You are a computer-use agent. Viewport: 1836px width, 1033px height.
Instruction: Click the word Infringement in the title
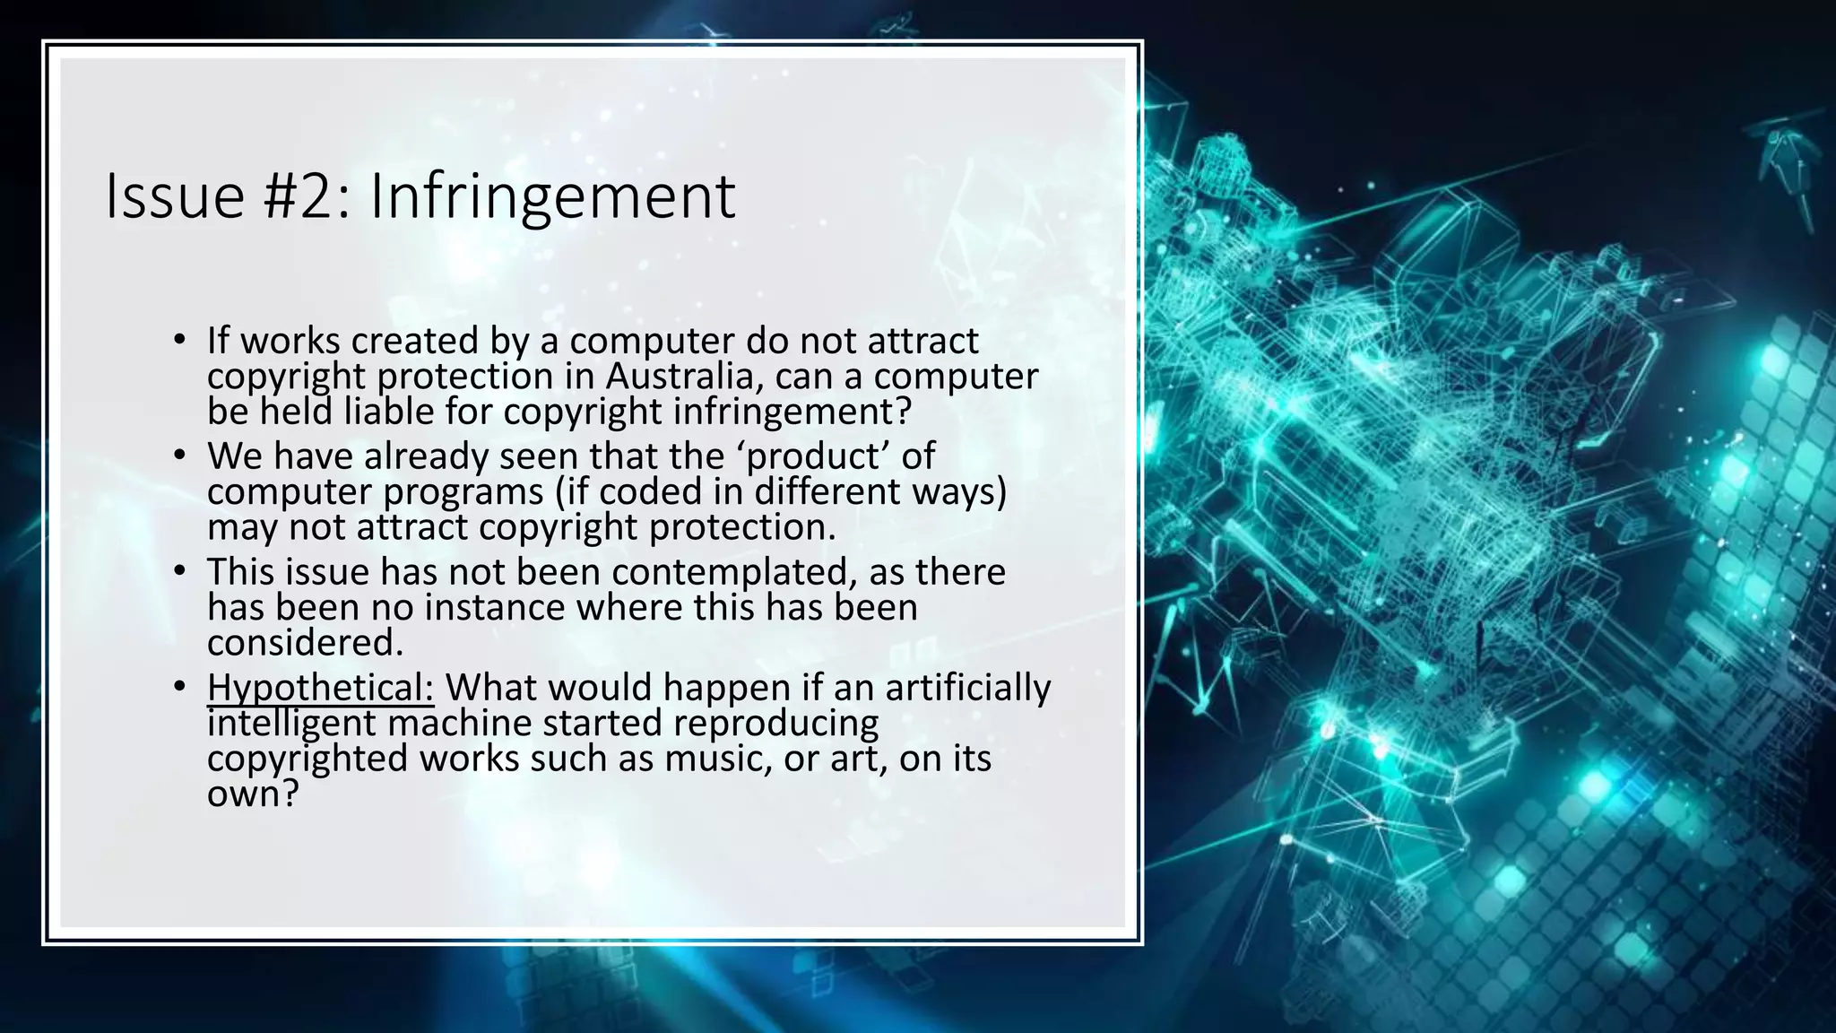coord(552,196)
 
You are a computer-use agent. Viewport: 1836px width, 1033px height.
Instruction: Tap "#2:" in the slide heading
coord(307,196)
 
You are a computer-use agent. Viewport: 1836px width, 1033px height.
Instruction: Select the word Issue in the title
coord(175,196)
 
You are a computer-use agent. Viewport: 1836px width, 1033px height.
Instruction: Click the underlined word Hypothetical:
coord(320,689)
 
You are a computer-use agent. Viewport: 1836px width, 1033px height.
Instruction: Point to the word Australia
coord(679,377)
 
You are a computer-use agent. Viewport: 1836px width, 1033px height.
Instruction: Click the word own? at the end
coord(252,794)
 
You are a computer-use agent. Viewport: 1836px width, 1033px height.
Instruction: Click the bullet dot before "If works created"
coord(179,340)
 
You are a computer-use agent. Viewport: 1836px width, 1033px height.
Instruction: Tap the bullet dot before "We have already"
coord(179,456)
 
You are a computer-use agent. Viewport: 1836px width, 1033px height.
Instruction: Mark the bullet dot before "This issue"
coord(179,571)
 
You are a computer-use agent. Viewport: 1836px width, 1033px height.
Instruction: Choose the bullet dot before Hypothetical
coord(179,687)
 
